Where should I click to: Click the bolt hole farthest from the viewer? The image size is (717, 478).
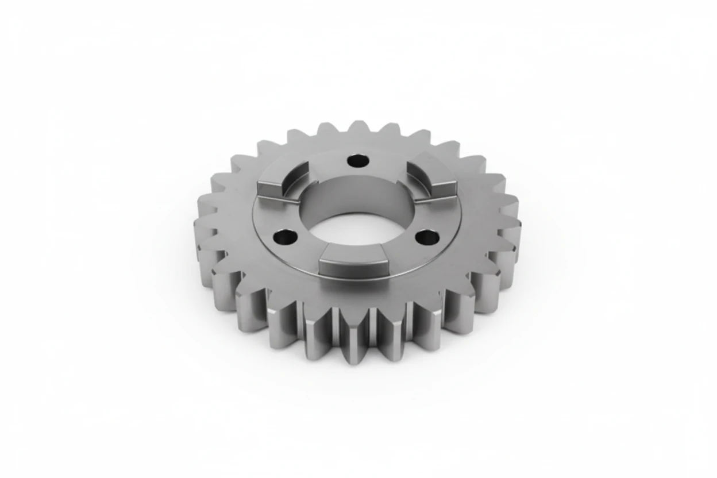pyautogui.click(x=357, y=160)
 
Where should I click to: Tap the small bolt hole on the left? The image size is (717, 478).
pyautogui.click(x=284, y=236)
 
